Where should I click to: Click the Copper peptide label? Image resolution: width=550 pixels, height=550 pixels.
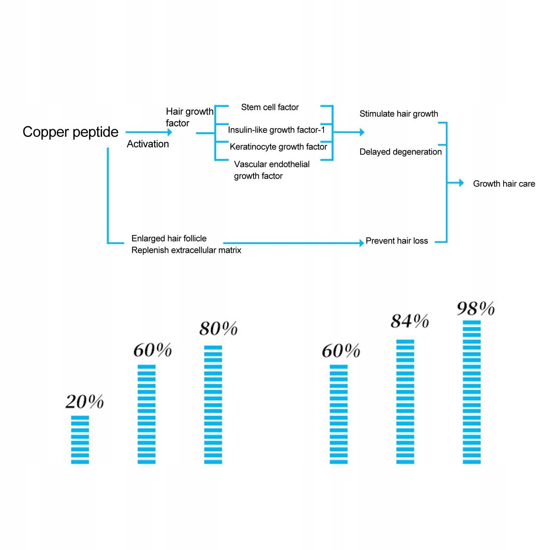(70, 132)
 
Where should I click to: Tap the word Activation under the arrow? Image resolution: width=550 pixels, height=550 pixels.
(148, 144)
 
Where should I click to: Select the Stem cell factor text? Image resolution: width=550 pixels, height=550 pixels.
(270, 107)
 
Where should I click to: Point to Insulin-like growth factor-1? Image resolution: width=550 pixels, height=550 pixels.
(276, 130)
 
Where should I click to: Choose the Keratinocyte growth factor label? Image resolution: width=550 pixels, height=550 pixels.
(278, 147)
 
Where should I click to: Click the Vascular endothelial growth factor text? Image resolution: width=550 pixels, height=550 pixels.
(271, 170)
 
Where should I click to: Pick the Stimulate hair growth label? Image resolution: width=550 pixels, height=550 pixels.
(399, 114)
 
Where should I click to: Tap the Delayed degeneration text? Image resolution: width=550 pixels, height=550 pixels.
(400, 152)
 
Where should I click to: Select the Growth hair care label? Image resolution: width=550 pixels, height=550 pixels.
(504, 184)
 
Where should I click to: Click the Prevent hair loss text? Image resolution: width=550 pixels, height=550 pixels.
(396, 241)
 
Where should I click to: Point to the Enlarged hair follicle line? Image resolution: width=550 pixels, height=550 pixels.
(169, 238)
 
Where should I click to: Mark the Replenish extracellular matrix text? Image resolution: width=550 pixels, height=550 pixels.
(186, 250)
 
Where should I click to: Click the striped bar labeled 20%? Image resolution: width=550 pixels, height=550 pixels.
(80, 440)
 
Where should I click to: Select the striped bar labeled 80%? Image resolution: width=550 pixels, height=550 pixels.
(213, 405)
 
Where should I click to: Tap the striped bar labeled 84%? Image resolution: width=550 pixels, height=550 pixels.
(405, 402)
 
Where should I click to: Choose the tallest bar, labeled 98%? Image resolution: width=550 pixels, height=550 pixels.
(472, 392)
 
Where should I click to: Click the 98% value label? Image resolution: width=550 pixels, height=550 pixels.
(475, 308)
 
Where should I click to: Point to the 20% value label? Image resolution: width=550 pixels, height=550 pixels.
(85, 402)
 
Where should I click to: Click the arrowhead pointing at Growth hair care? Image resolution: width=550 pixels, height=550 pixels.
(461, 183)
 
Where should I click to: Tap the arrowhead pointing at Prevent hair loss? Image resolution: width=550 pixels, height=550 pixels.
(361, 243)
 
